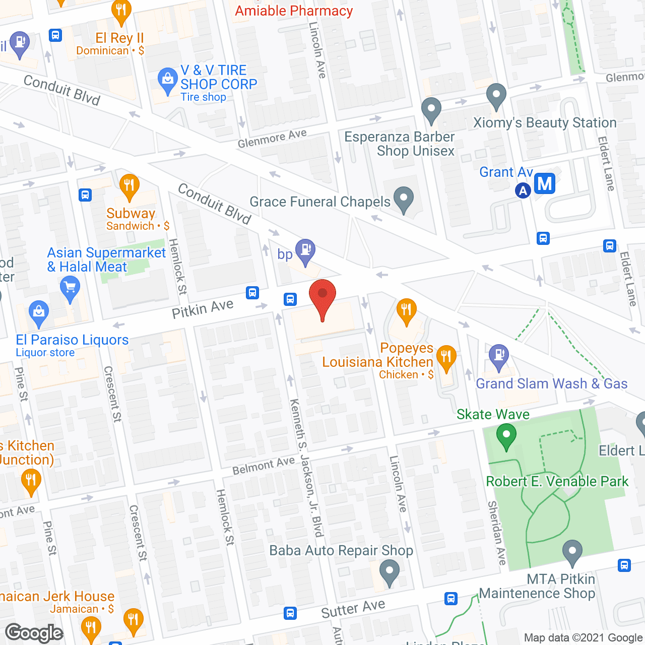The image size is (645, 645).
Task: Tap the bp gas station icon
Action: coord(305,250)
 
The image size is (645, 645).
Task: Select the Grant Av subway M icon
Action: coord(545,183)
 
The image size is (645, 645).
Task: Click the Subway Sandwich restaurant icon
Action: coord(130,185)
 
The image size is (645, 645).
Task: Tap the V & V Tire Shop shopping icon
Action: coord(167,80)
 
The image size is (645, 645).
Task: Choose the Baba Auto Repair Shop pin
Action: coord(389,572)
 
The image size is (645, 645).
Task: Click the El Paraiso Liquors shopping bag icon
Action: coord(39,312)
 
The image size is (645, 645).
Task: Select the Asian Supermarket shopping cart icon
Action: coord(70,289)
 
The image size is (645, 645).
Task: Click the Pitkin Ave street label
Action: coord(203,308)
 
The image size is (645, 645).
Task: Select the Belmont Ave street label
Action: coord(264,466)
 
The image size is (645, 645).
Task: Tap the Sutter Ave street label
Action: coord(353,609)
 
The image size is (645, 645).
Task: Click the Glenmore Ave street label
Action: coord(272,139)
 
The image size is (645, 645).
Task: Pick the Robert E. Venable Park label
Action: coord(557,481)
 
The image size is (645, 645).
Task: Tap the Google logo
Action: coord(34,633)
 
